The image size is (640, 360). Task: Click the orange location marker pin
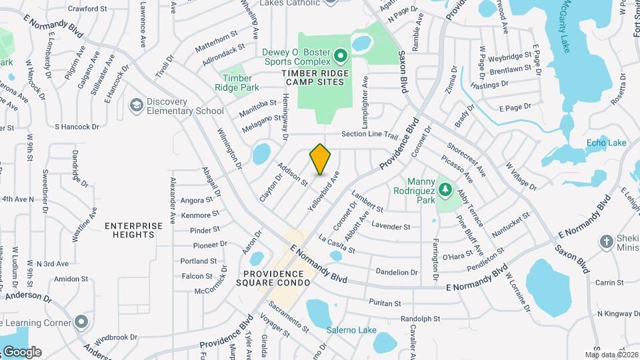click(320, 160)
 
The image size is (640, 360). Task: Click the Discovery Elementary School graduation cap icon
click(137, 106)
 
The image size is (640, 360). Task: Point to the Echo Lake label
click(606, 143)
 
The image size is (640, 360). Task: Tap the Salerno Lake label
click(351, 330)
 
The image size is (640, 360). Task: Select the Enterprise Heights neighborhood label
click(133, 230)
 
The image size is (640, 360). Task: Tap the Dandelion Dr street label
click(397, 272)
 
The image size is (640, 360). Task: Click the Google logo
click(21, 351)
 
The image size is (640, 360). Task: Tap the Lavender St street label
click(391, 227)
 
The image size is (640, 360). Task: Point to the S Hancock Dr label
click(77, 126)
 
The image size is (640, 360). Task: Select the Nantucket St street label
click(511, 225)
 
